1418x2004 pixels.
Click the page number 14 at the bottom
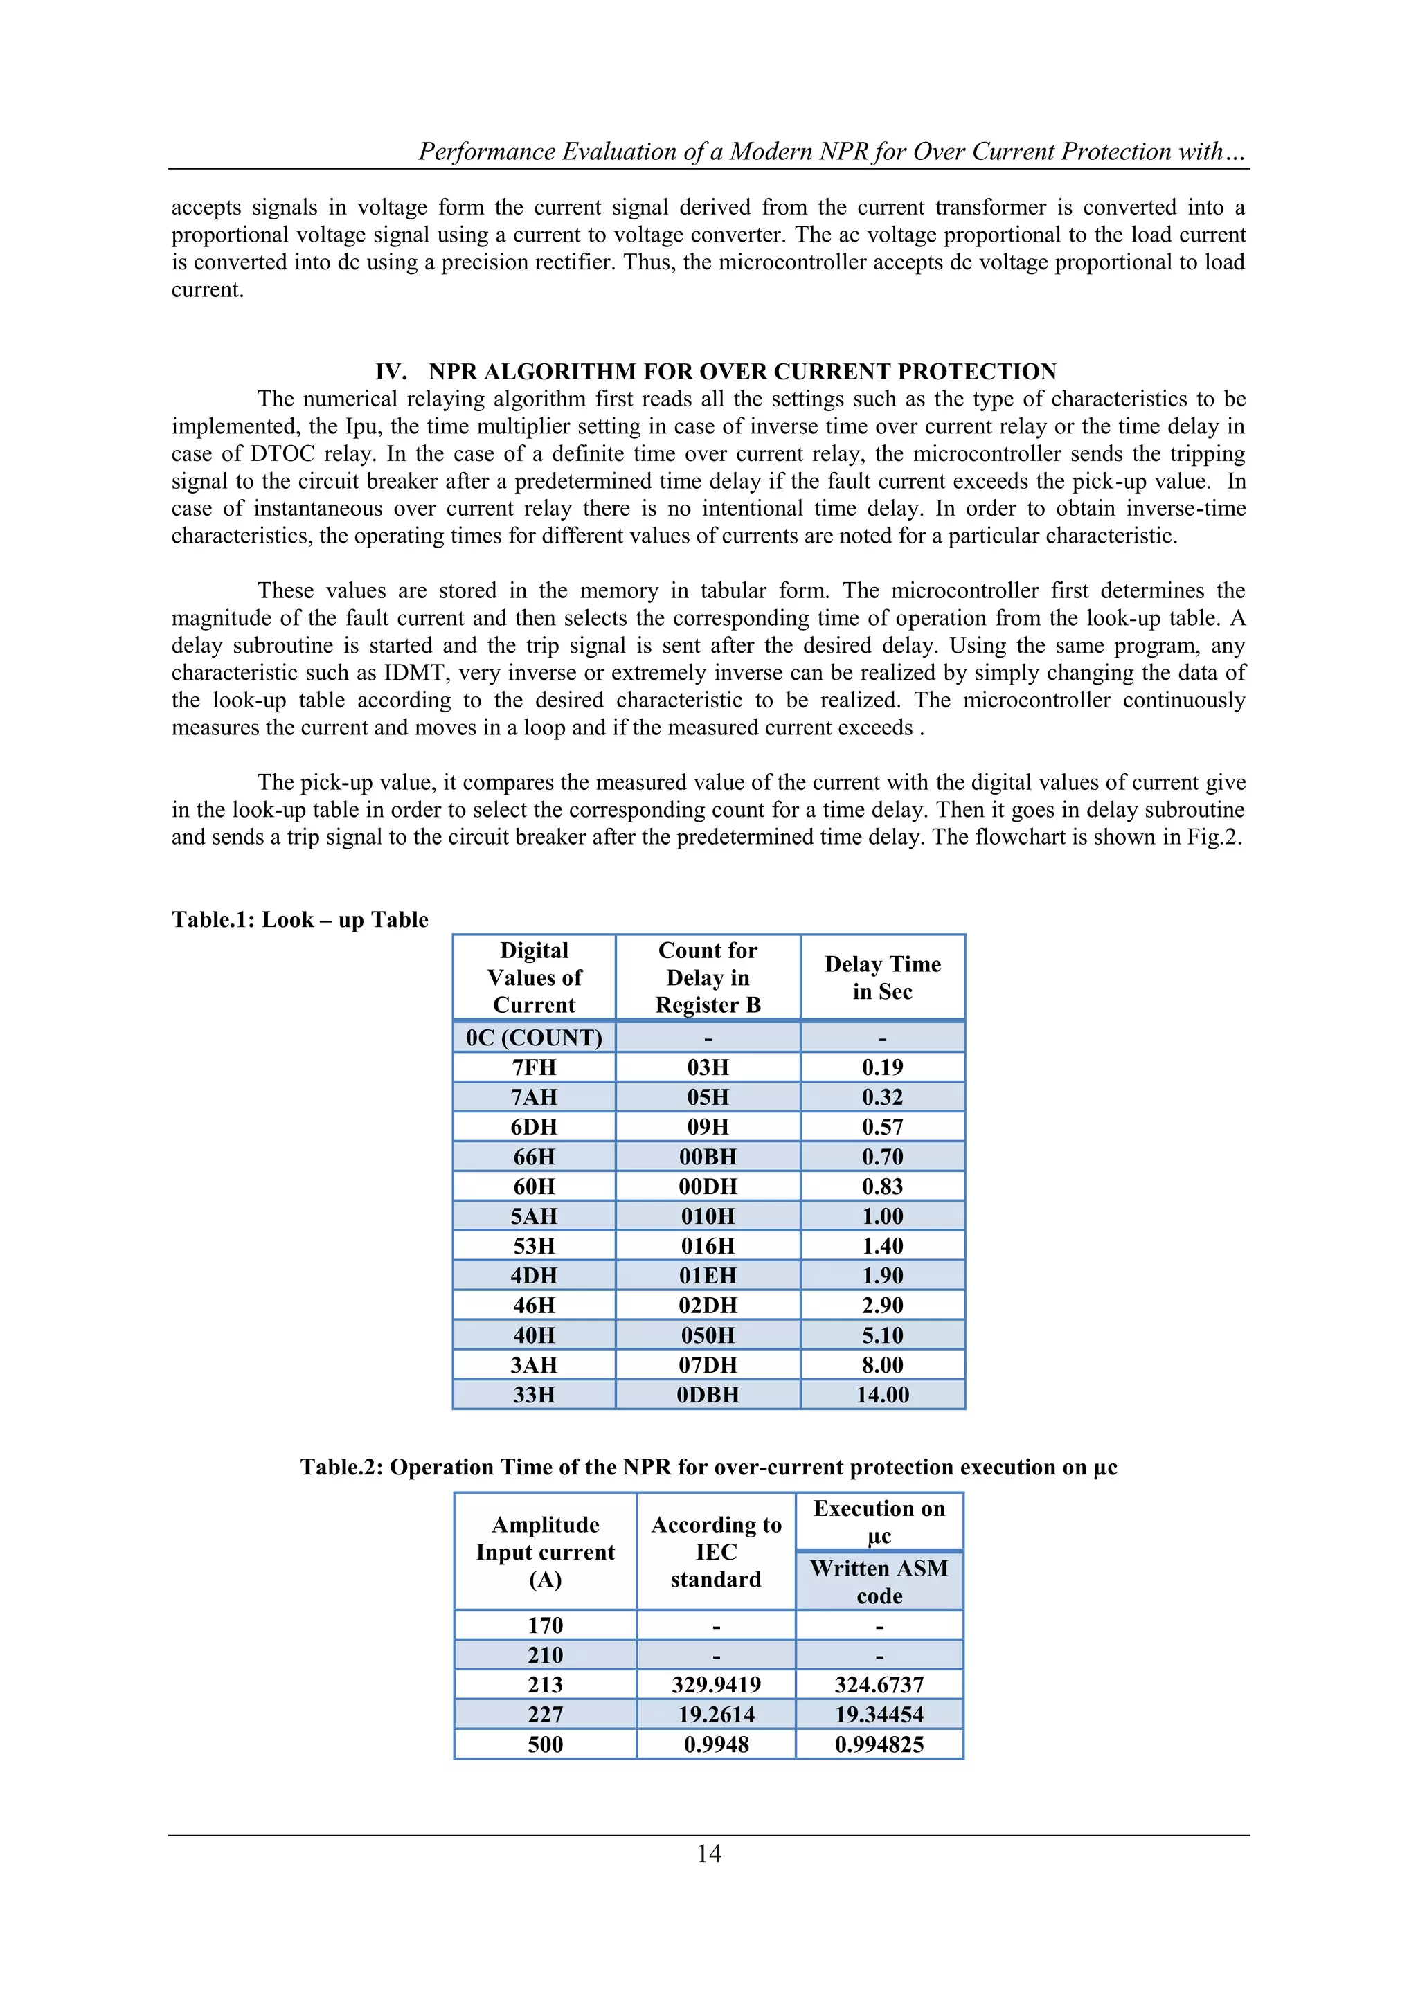click(709, 1853)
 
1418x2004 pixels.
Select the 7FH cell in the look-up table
click(534, 1067)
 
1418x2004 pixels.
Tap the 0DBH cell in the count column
click(707, 1394)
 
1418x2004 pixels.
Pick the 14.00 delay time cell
click(882, 1394)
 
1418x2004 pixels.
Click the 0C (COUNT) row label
click(534, 1038)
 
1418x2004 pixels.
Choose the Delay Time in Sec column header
click(882, 977)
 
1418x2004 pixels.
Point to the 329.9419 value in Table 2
click(716, 1685)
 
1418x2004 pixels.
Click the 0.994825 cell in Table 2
click(879, 1744)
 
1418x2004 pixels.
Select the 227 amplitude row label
click(545, 1714)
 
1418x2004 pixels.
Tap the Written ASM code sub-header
click(879, 1582)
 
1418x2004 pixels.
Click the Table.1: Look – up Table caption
click(300, 920)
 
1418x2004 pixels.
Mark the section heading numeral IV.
click(391, 372)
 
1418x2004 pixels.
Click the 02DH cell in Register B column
click(707, 1305)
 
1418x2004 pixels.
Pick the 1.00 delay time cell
click(882, 1216)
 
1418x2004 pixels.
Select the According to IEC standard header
click(716, 1552)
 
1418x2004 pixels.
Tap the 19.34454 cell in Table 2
click(879, 1714)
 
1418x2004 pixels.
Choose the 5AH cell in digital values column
click(534, 1216)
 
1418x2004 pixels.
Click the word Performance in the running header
click(485, 152)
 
